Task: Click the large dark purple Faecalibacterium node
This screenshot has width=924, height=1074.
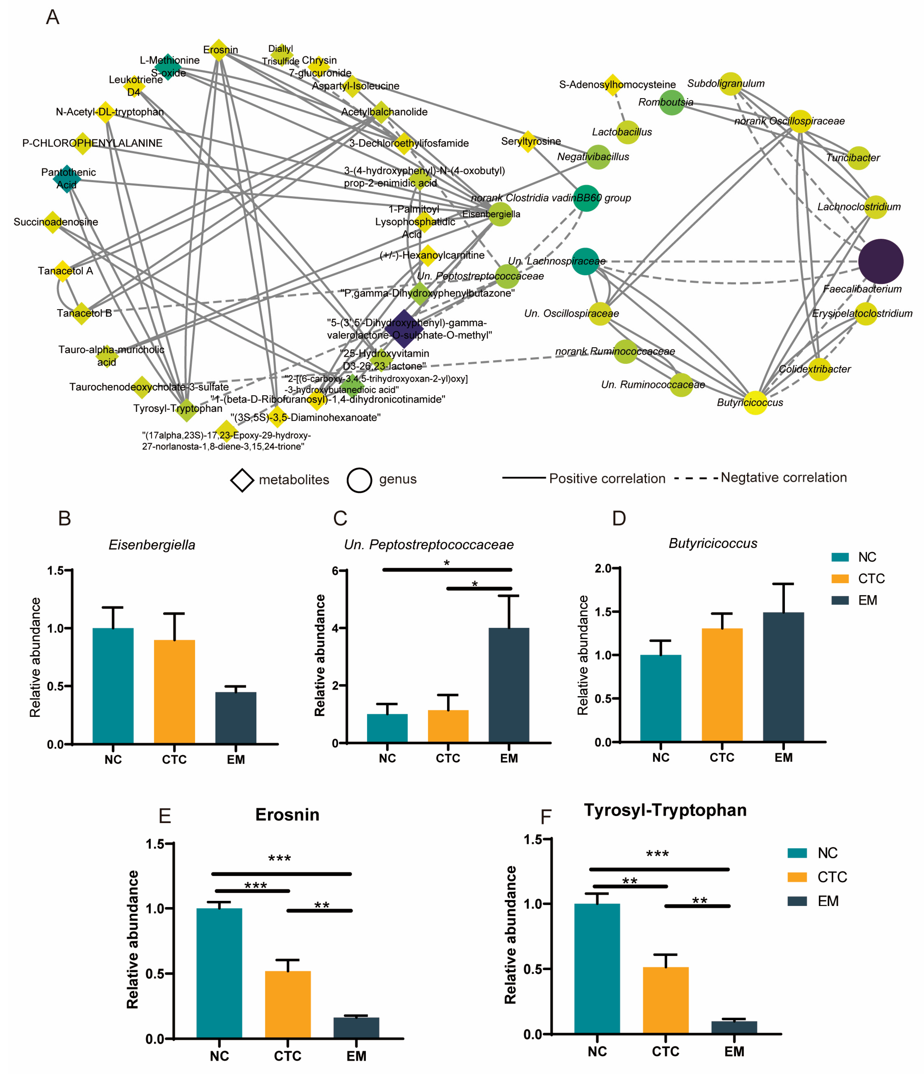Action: [880, 262]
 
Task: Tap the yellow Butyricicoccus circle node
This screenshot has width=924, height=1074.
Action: [755, 403]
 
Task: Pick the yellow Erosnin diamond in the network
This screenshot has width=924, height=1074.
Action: [219, 50]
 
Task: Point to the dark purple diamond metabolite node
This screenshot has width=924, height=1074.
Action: [404, 329]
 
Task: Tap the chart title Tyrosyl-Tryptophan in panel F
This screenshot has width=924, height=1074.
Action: [665, 810]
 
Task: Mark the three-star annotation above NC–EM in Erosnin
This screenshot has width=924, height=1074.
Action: [279, 859]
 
